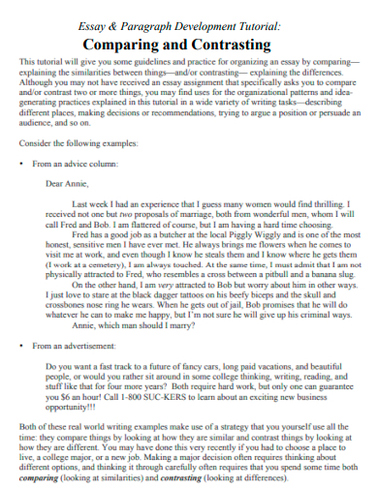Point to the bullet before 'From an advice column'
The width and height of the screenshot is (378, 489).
21,164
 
